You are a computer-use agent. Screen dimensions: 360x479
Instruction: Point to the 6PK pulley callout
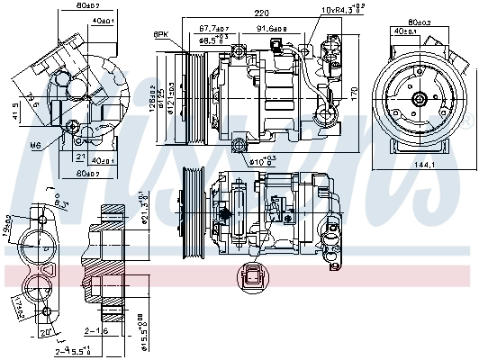[161, 34]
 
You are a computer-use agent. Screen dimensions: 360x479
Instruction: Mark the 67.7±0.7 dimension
[215, 29]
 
